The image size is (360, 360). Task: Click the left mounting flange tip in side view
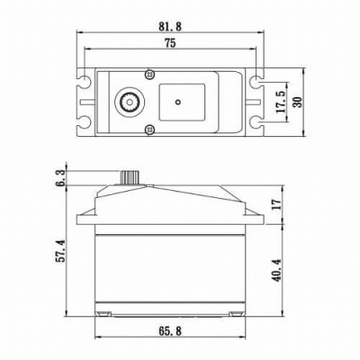click(x=79, y=217)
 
